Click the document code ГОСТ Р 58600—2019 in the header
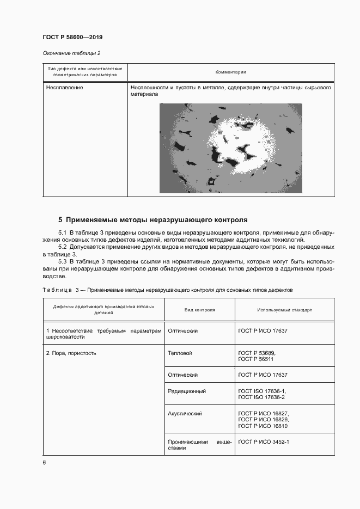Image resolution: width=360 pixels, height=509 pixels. (72, 37)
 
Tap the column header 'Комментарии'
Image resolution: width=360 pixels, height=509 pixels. (230, 72)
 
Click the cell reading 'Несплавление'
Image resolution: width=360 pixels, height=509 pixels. (65, 87)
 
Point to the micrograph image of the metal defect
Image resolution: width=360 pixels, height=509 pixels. (230, 148)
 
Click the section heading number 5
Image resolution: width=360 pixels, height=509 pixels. (60, 220)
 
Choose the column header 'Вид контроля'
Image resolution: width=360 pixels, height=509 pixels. (199, 310)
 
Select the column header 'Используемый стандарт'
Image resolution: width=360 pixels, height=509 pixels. (284, 310)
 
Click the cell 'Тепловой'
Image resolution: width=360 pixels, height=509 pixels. (180, 353)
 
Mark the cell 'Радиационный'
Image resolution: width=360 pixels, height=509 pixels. (187, 391)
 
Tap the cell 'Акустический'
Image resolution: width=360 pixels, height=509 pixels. (185, 414)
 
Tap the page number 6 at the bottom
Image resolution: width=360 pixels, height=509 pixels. (44, 462)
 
